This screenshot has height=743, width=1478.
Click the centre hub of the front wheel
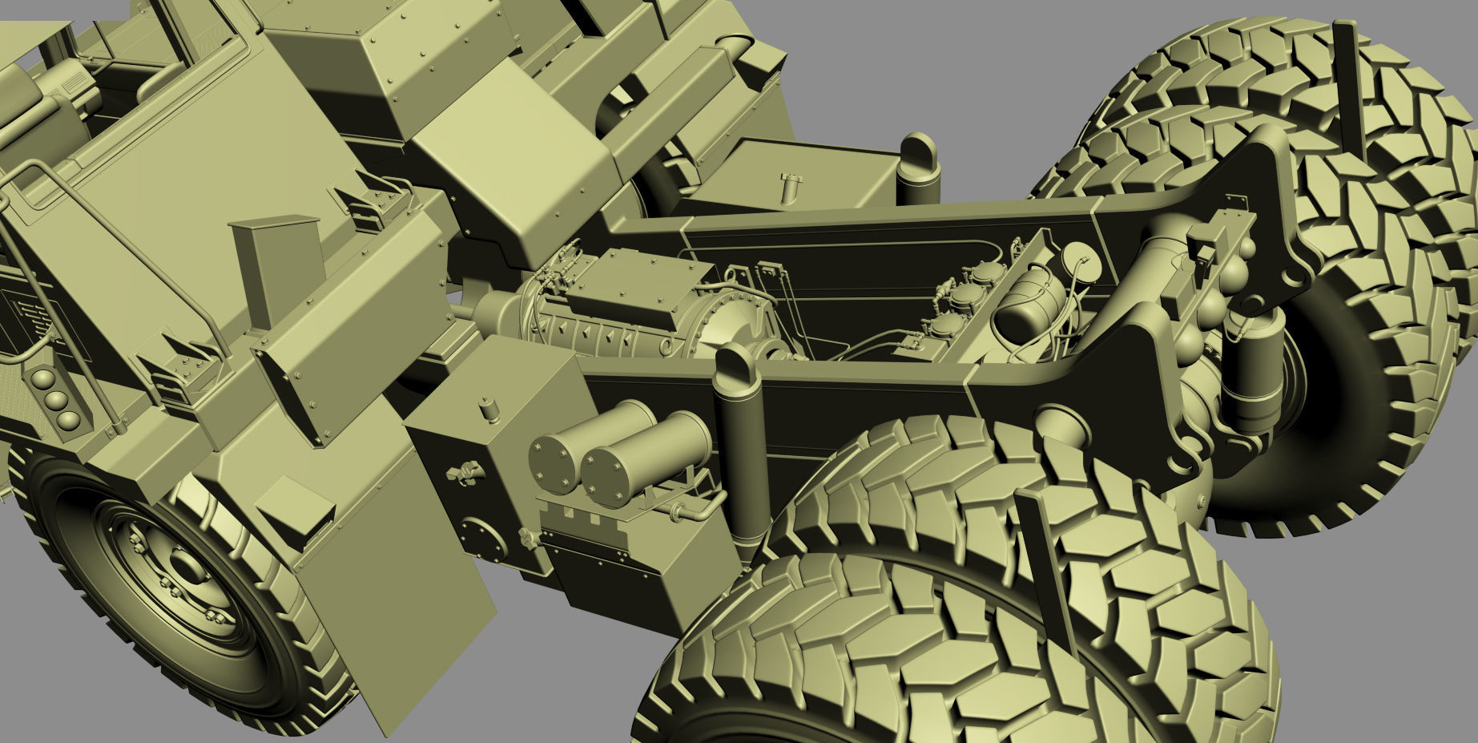click(186, 567)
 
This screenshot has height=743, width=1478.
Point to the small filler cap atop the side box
click(486, 409)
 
